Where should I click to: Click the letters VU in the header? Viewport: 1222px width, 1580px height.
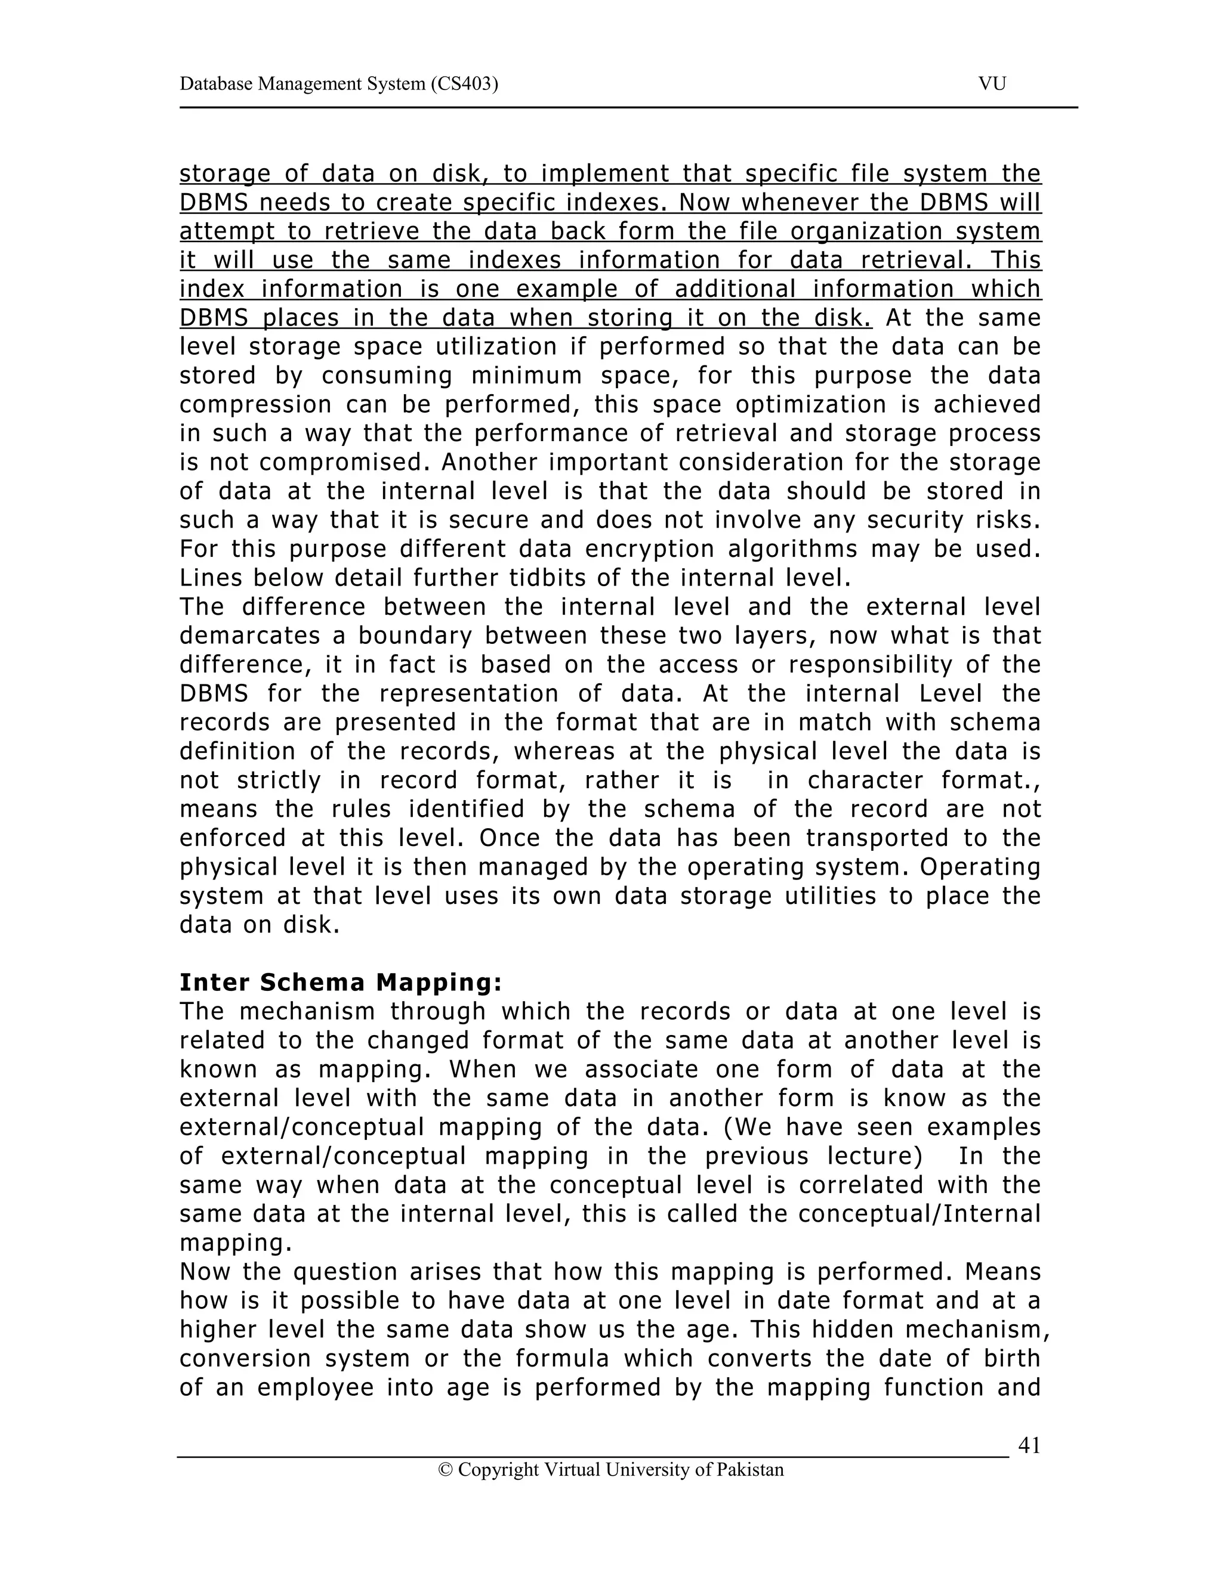pyautogui.click(x=992, y=84)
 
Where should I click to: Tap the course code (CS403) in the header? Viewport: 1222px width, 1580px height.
pyautogui.click(x=464, y=84)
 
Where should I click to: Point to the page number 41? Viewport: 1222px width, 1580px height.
pyautogui.click(x=1029, y=1445)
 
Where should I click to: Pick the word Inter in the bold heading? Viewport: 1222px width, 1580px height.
pyautogui.click(x=215, y=983)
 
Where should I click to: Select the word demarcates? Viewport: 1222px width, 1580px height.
pyautogui.click(x=248, y=635)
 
